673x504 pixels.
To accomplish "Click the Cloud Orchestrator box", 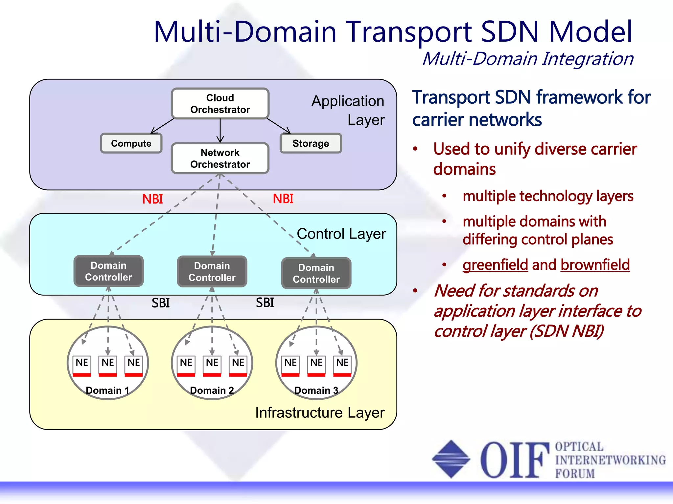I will click(x=220, y=104).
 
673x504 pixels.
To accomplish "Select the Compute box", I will click(x=131, y=143).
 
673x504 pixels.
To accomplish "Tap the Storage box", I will click(x=311, y=143).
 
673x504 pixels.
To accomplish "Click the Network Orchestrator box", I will click(x=220, y=158).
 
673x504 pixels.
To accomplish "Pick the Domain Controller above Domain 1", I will click(x=108, y=271).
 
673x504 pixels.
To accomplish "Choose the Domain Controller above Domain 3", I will click(x=316, y=273).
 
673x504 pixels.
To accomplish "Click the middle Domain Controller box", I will click(x=212, y=271).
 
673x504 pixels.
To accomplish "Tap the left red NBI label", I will click(x=152, y=199).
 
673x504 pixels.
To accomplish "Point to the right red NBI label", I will click(x=283, y=199).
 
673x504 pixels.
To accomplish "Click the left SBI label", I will click(x=161, y=303).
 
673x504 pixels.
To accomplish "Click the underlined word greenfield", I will click(x=495, y=265).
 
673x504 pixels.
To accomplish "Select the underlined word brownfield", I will click(x=595, y=265).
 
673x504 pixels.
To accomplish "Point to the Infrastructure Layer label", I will click(x=320, y=413).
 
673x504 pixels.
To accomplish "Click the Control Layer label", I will click(x=341, y=234).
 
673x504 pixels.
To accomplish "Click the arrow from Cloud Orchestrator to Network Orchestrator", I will click(x=220, y=131).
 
